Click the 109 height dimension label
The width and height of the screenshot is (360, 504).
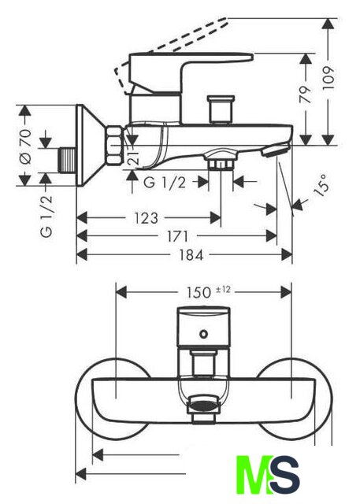point(328,78)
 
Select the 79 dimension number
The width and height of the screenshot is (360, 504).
point(306,94)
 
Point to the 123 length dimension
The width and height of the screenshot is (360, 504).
point(146,218)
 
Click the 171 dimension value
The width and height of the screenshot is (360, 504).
point(177,236)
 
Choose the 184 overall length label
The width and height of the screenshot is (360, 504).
point(191,255)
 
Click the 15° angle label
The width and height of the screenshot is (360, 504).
point(321,183)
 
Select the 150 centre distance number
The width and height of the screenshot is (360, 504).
point(199,292)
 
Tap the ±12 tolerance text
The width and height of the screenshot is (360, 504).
point(223,290)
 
